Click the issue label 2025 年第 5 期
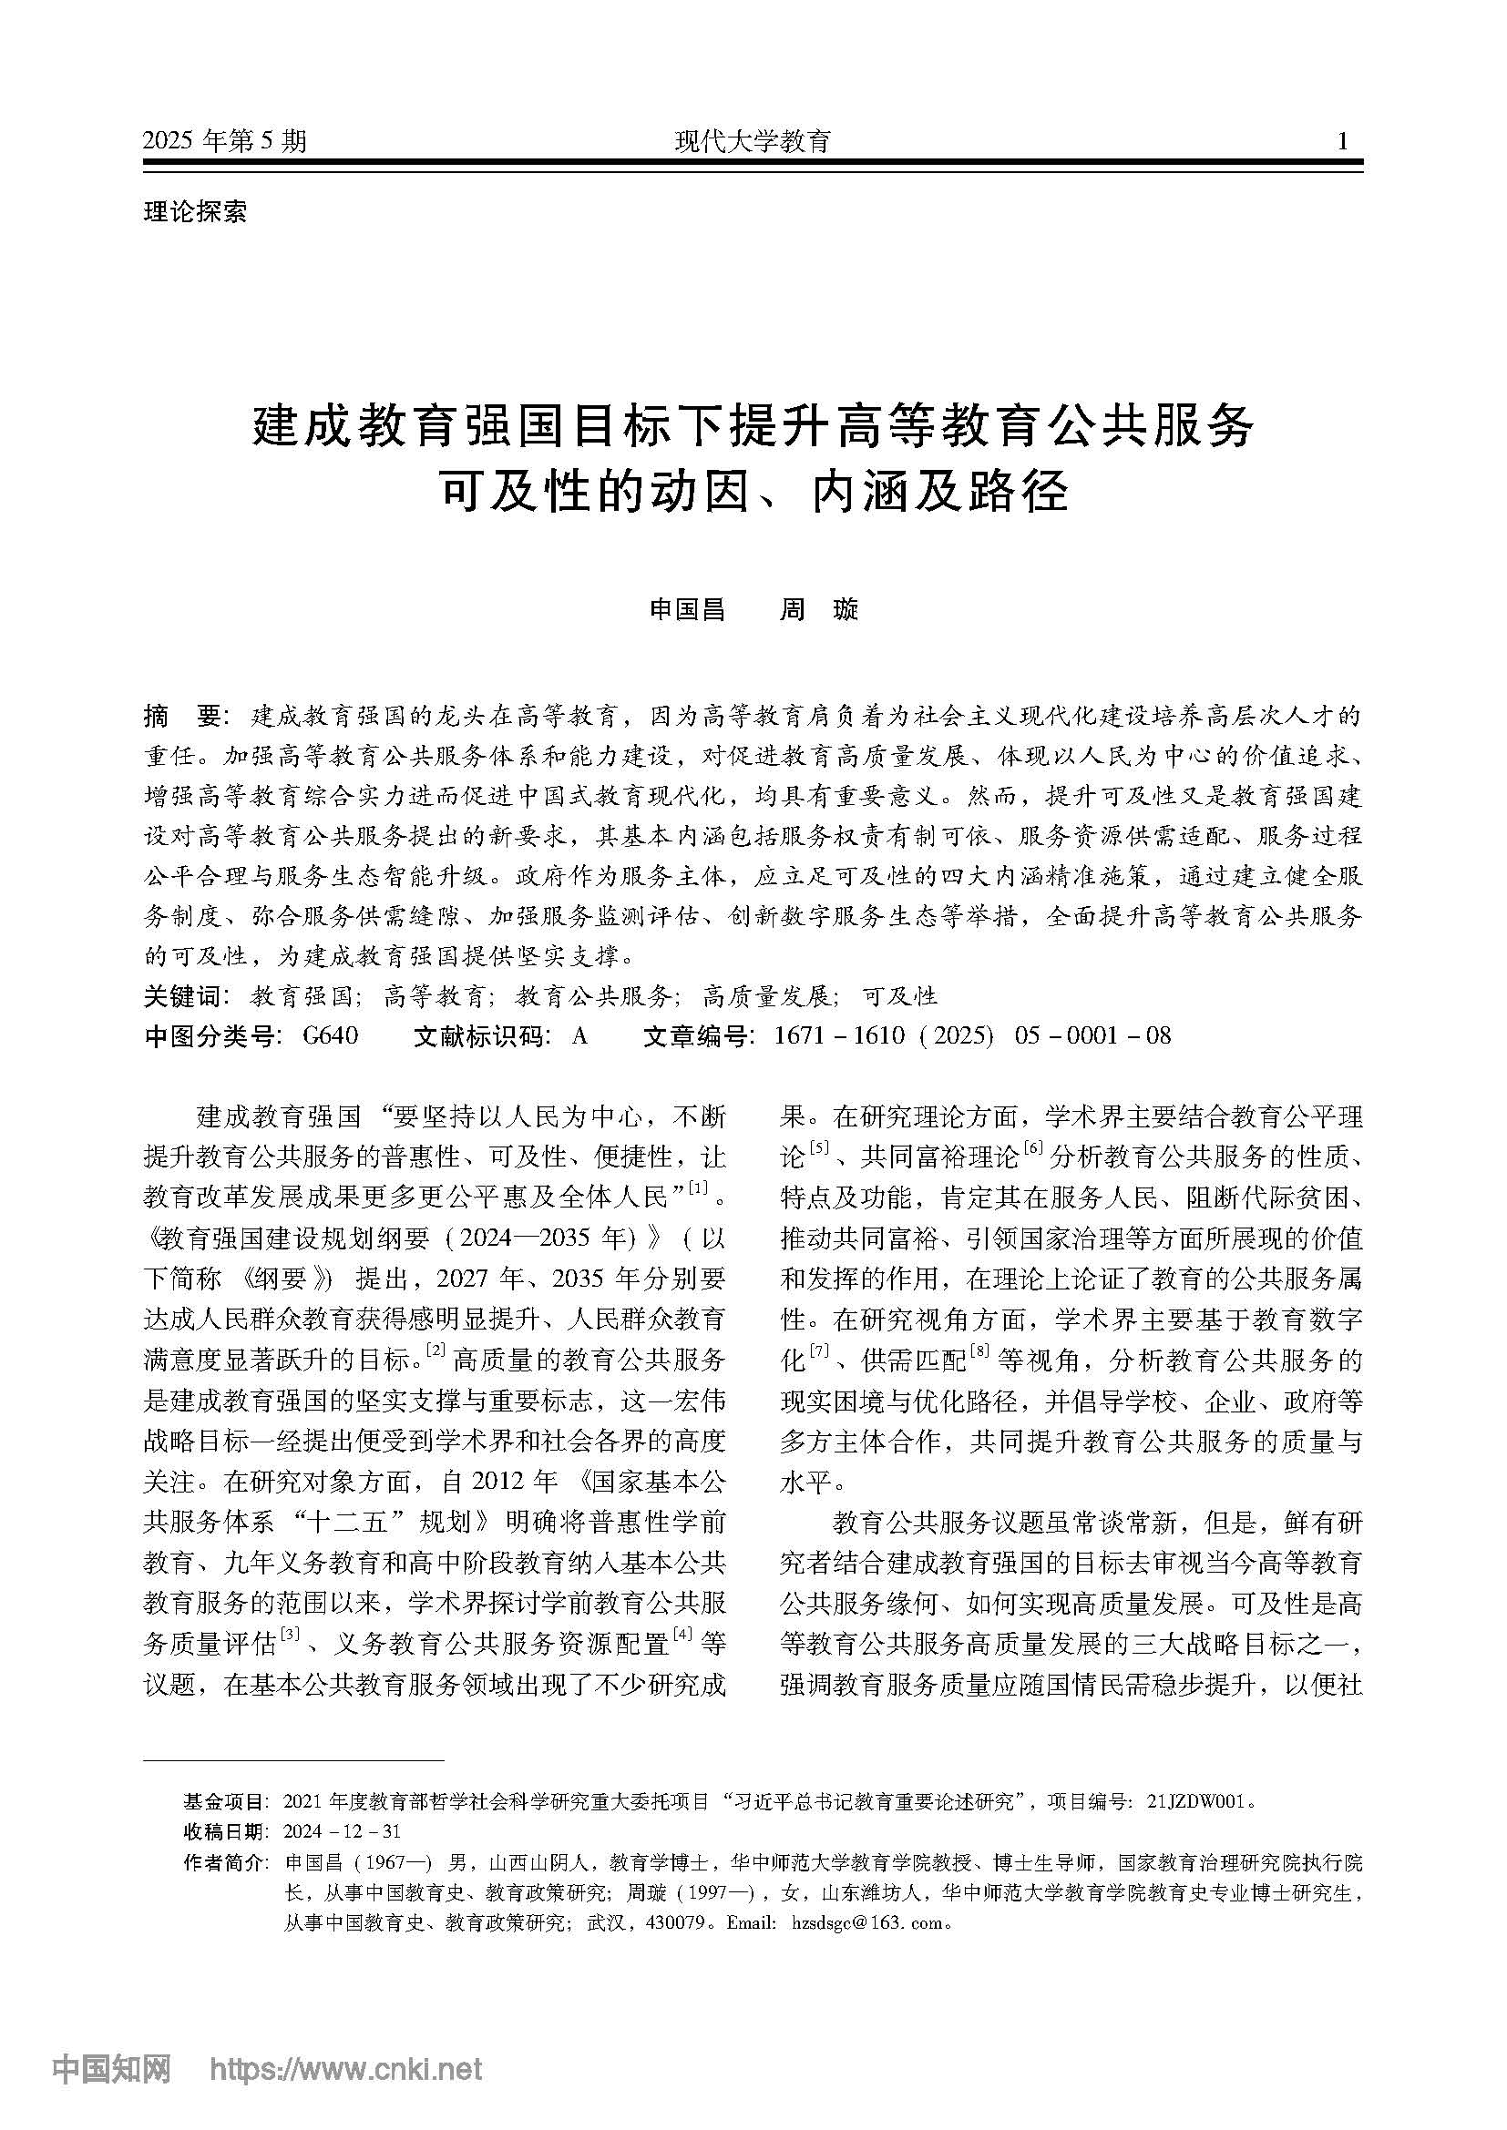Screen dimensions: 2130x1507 pos(224,142)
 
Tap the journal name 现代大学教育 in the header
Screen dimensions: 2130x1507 pos(753,142)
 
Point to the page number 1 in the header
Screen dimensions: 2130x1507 pos(1342,142)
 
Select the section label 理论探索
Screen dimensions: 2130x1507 pos(195,211)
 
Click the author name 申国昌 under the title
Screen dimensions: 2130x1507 pos(687,609)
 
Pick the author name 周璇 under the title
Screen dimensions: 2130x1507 pos(818,609)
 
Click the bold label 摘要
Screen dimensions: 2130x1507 pos(182,716)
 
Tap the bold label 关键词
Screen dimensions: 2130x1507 pos(184,996)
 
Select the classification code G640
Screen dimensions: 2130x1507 pos(331,1035)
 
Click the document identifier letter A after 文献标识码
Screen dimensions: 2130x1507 pos(580,1035)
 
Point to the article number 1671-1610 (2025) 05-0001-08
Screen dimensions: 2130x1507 pos(972,1035)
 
